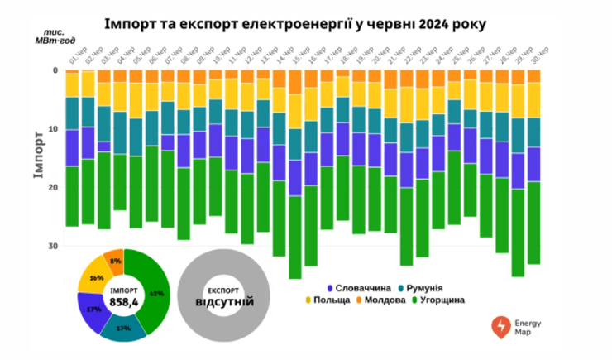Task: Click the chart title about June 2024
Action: pos(305,22)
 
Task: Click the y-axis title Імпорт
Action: pos(37,157)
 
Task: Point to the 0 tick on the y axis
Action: pos(55,70)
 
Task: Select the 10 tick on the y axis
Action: pos(53,129)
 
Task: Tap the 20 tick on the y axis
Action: pos(53,188)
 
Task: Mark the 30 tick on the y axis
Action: pos(53,247)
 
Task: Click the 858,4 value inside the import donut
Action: pos(122,302)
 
